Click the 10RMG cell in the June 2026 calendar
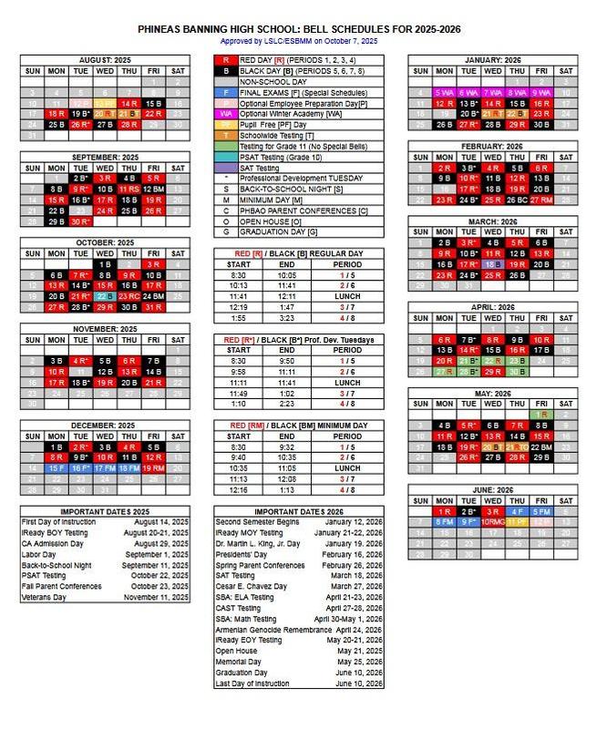click(493, 522)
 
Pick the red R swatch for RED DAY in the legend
click(225, 59)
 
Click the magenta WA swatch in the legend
click(225, 113)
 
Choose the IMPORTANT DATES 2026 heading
click(297, 511)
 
